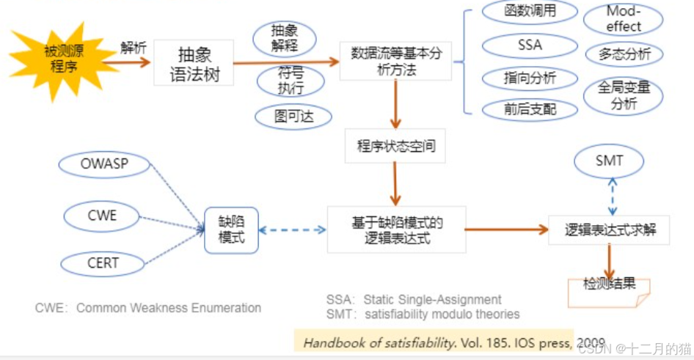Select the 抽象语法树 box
pos(194,63)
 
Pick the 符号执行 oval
pos(290,81)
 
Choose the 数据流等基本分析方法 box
pos(395,61)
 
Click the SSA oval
pos(530,45)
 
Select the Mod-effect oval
pos(623,19)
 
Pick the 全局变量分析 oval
pos(623,96)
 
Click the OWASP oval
pos(104,164)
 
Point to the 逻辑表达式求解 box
pos(610,229)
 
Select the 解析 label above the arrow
pos(134,48)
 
